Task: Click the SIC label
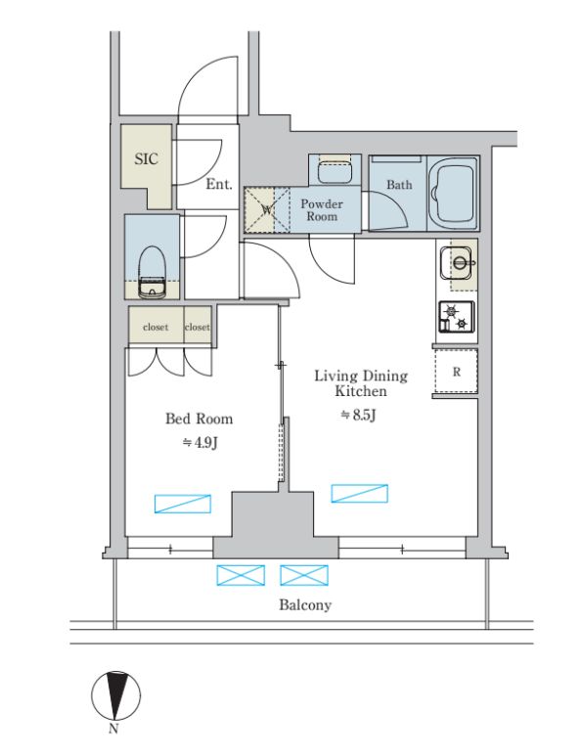146,158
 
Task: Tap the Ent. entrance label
219,184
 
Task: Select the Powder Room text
322,209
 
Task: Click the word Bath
399,184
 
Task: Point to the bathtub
452,193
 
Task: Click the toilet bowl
153,272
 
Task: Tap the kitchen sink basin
458,263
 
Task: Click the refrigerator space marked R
456,372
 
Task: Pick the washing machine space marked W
267,209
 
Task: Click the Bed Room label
200,419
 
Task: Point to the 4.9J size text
201,442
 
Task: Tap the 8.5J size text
358,415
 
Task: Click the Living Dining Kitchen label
361,382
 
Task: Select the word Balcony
305,604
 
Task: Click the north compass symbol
116,695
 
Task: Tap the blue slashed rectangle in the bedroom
183,504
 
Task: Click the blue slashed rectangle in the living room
359,493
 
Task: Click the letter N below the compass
113,729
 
